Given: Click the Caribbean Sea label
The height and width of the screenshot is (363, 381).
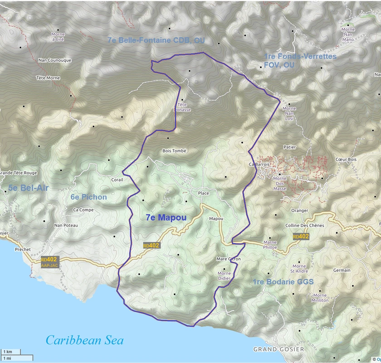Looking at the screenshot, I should (84, 340).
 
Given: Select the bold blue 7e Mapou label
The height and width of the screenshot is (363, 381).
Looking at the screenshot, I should (166, 218).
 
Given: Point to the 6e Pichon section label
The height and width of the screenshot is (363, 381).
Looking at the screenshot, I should (88, 197).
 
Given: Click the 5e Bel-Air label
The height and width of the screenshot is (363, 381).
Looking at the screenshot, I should (28, 188).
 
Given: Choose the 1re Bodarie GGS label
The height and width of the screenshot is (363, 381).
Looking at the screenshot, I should (283, 282).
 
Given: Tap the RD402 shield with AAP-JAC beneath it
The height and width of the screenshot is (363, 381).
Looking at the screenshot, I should (49, 262).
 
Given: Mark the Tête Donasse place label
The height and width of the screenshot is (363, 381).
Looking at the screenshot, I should (182, 107).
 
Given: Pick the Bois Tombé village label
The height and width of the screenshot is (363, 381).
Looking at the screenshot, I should (174, 151).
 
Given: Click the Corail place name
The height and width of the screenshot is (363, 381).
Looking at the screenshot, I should (117, 180).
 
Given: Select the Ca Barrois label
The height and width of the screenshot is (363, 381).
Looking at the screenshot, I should (259, 164).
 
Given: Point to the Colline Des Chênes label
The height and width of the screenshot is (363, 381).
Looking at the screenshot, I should (304, 226).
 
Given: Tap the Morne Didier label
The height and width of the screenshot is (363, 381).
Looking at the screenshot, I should (224, 276).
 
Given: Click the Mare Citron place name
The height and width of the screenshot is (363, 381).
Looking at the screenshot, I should (229, 259).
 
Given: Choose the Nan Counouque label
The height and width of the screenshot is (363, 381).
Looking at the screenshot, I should (55, 60).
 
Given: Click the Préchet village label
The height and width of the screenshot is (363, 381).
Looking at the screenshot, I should (23, 249).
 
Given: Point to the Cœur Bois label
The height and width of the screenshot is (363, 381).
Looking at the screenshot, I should (346, 159).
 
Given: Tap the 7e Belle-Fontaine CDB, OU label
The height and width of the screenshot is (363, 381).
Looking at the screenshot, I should (156, 40).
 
